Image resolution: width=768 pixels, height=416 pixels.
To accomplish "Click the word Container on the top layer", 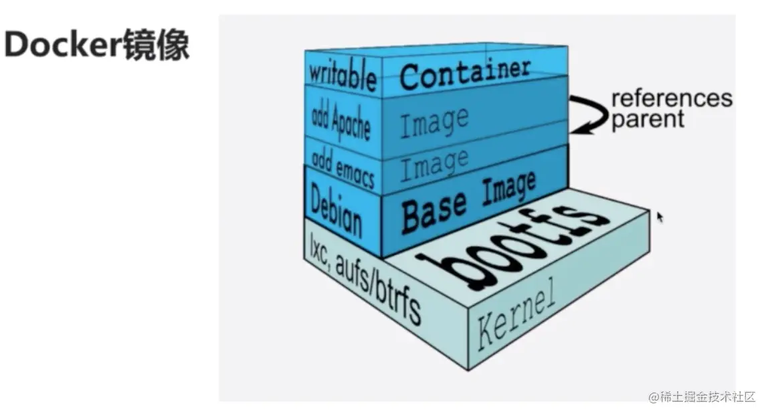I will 464,73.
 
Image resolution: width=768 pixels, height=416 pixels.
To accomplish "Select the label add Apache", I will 341,120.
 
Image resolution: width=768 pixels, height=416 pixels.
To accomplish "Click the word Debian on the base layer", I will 337,210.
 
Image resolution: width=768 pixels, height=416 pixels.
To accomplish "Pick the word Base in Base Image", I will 433,210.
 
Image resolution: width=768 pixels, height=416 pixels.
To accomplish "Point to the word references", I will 671,99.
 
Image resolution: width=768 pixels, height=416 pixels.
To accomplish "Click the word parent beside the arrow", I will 648,120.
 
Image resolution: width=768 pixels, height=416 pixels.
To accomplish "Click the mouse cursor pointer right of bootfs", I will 660,217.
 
